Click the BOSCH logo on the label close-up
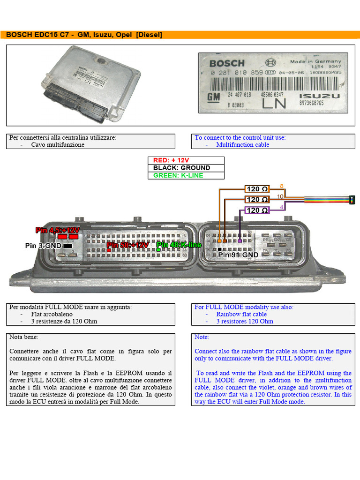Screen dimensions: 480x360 tap(227, 63)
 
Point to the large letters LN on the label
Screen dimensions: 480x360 tap(274, 104)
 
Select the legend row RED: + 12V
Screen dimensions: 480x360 tap(186, 160)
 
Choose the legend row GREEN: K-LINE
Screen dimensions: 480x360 tap(186, 175)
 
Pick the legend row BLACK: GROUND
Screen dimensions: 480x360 tap(186, 168)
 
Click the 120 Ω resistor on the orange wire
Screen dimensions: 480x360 tap(257, 189)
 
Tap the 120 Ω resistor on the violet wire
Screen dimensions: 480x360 tap(257, 210)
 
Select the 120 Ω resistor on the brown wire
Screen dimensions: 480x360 tap(257, 200)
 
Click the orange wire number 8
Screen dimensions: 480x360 tap(281, 186)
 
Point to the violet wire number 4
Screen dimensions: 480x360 tap(281, 207)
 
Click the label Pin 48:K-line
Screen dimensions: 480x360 tap(179, 245)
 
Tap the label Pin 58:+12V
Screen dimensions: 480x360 tap(127, 245)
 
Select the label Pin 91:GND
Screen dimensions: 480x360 tap(238, 255)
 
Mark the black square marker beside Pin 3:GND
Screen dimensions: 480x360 tap(67, 246)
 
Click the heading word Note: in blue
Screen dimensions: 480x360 tap(202, 337)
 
